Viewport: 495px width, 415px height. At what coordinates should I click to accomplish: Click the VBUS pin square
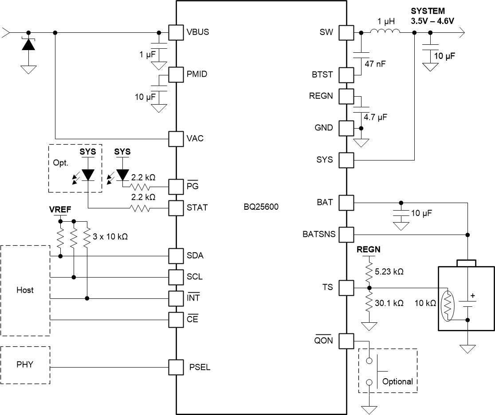(x=176, y=32)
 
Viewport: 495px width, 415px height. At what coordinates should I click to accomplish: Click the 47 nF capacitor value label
(x=375, y=64)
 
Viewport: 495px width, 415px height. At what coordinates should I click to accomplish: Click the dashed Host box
(x=25, y=290)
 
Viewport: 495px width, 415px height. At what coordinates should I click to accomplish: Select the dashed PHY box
(x=25, y=365)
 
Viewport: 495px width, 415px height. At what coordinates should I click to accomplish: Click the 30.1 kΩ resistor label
(x=388, y=303)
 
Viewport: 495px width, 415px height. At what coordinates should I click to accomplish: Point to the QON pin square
(x=347, y=341)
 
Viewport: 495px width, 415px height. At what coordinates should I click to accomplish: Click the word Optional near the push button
(x=397, y=381)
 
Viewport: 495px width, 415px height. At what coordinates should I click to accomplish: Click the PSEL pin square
(x=176, y=367)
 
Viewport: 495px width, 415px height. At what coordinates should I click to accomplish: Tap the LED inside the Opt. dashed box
(x=88, y=175)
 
